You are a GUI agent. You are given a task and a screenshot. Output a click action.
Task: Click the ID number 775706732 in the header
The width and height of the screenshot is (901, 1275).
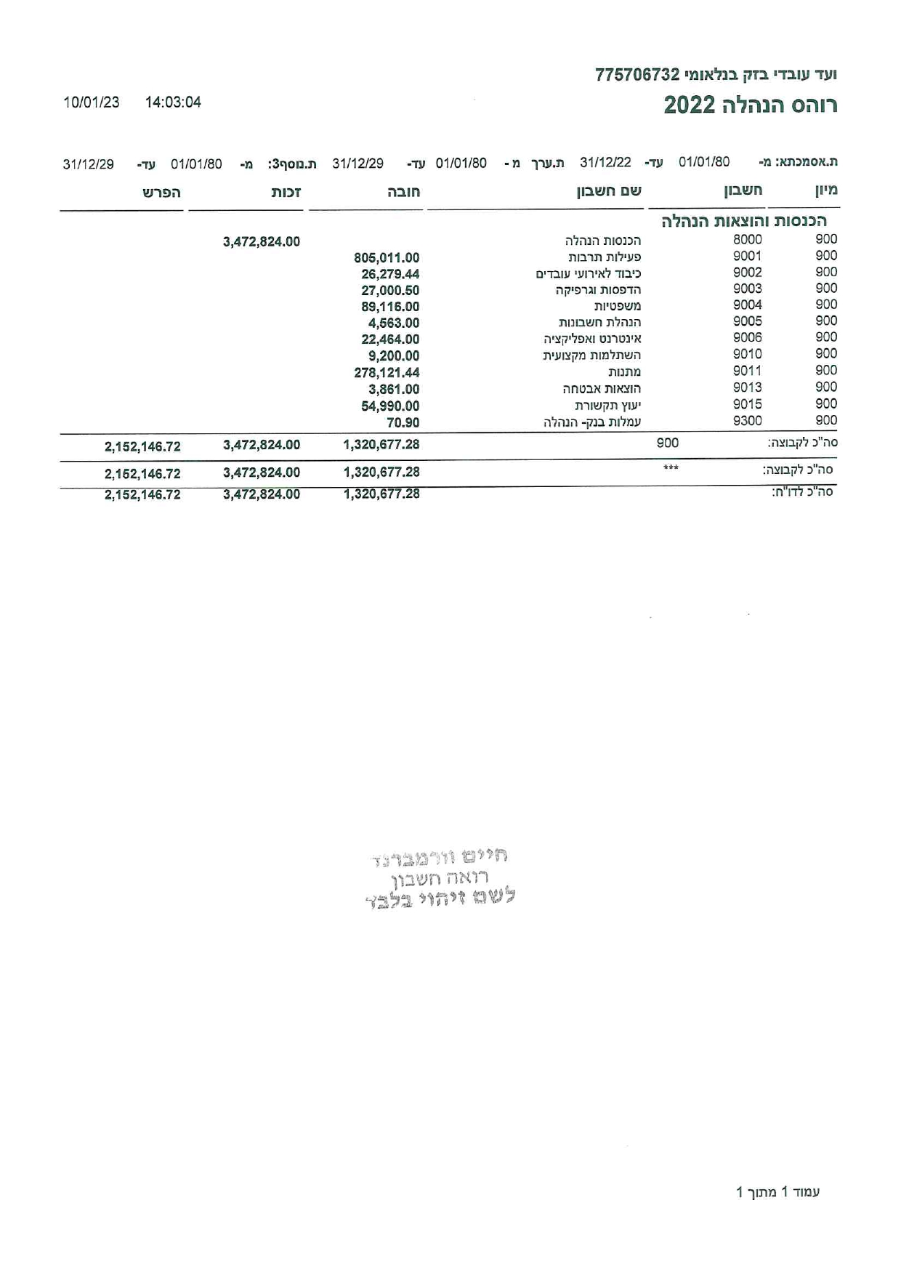pyautogui.click(x=637, y=75)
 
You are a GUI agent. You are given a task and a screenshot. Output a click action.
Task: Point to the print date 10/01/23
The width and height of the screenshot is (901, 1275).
pyautogui.click(x=92, y=102)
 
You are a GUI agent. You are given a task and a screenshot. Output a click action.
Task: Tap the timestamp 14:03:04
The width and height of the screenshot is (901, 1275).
pyautogui.click(x=173, y=102)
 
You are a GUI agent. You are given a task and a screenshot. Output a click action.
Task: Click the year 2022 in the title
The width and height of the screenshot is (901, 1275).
pyautogui.click(x=690, y=105)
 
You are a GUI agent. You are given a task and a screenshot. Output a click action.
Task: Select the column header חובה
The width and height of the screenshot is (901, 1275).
pyautogui.click(x=403, y=193)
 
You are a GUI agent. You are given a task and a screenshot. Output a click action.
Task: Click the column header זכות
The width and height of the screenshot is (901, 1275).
pyautogui.click(x=286, y=193)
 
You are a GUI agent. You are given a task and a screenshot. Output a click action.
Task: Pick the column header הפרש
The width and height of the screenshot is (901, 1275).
pyautogui.click(x=161, y=193)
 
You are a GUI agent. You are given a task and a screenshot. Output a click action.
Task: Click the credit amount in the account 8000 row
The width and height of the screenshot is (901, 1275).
pyautogui.click(x=262, y=242)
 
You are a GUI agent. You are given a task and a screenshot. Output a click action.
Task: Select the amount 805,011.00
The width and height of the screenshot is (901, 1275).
pyautogui.click(x=387, y=258)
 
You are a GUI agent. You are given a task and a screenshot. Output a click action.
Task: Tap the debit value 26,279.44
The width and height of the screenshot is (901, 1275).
pyautogui.click(x=390, y=275)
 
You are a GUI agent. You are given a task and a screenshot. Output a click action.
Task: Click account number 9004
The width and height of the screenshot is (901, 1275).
pyautogui.click(x=747, y=305)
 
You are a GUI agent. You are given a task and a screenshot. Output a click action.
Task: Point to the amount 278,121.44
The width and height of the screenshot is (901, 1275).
pyautogui.click(x=387, y=373)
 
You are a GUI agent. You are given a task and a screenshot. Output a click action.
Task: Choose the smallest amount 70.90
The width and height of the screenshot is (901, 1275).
pyautogui.click(x=403, y=423)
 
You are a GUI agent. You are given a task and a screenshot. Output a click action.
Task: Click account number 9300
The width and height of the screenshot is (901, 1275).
pyautogui.click(x=747, y=420)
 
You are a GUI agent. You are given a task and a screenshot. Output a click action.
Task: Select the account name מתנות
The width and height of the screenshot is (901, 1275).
pyautogui.click(x=624, y=372)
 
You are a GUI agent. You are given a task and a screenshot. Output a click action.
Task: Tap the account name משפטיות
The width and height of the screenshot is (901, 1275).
pyautogui.click(x=618, y=306)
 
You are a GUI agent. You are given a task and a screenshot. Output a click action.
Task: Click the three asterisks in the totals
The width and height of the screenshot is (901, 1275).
pyautogui.click(x=671, y=468)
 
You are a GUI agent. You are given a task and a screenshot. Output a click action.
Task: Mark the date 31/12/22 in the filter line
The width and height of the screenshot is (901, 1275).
pyautogui.click(x=605, y=162)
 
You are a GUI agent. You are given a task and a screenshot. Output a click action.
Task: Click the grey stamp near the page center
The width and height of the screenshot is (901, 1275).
pyautogui.click(x=440, y=878)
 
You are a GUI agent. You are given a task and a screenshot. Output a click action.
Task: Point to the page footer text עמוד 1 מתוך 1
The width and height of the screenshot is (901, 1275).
pyautogui.click(x=777, y=1192)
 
